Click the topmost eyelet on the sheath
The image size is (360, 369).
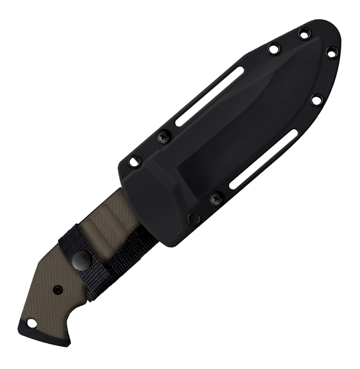(304, 33)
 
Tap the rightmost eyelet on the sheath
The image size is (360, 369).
(331, 53)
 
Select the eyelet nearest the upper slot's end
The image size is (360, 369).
(273, 49)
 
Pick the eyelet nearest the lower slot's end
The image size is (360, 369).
(317, 100)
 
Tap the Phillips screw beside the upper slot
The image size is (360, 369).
(164, 135)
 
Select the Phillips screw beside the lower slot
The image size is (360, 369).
(217, 197)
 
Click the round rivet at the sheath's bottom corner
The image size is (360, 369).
(194, 219)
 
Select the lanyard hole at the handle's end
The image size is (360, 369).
(31, 322)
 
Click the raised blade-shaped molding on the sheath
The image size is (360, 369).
(251, 121)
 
